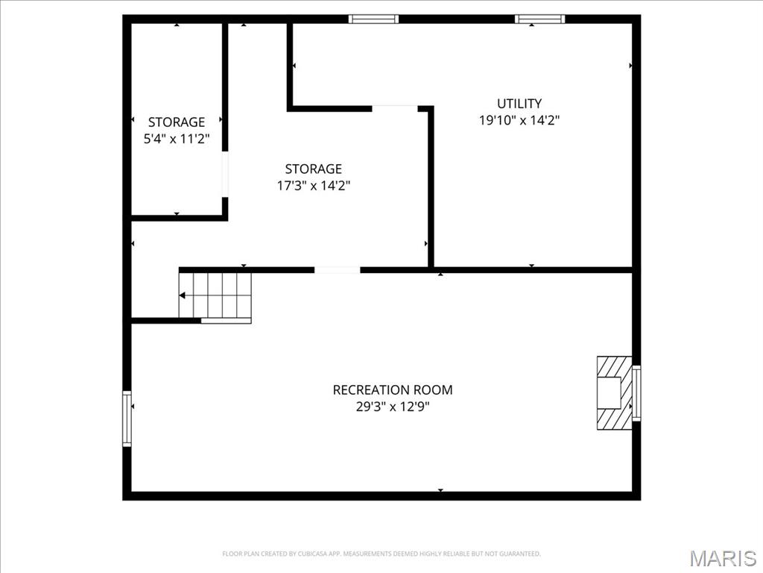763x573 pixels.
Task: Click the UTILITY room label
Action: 519,104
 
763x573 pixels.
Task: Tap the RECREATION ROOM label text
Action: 392,389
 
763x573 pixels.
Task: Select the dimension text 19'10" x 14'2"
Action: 519,120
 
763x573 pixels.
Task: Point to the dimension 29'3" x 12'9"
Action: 392,407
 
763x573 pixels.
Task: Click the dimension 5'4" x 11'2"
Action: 177,138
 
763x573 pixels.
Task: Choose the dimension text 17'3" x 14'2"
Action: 314,186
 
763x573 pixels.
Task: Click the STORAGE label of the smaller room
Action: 177,122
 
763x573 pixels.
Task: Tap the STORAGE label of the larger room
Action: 314,169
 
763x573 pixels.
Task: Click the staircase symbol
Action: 216,296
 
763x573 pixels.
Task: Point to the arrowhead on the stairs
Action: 183,295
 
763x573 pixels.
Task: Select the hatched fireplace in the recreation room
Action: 612,392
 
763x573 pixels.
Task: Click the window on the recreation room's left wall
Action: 127,419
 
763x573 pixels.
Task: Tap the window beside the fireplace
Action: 636,392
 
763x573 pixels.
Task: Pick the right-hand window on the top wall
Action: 539,19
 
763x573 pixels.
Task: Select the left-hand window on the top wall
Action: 374,19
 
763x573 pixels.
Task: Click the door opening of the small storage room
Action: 225,175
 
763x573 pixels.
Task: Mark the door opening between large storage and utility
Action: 395,109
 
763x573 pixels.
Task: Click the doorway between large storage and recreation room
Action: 337,269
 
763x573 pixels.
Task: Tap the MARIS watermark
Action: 723,558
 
